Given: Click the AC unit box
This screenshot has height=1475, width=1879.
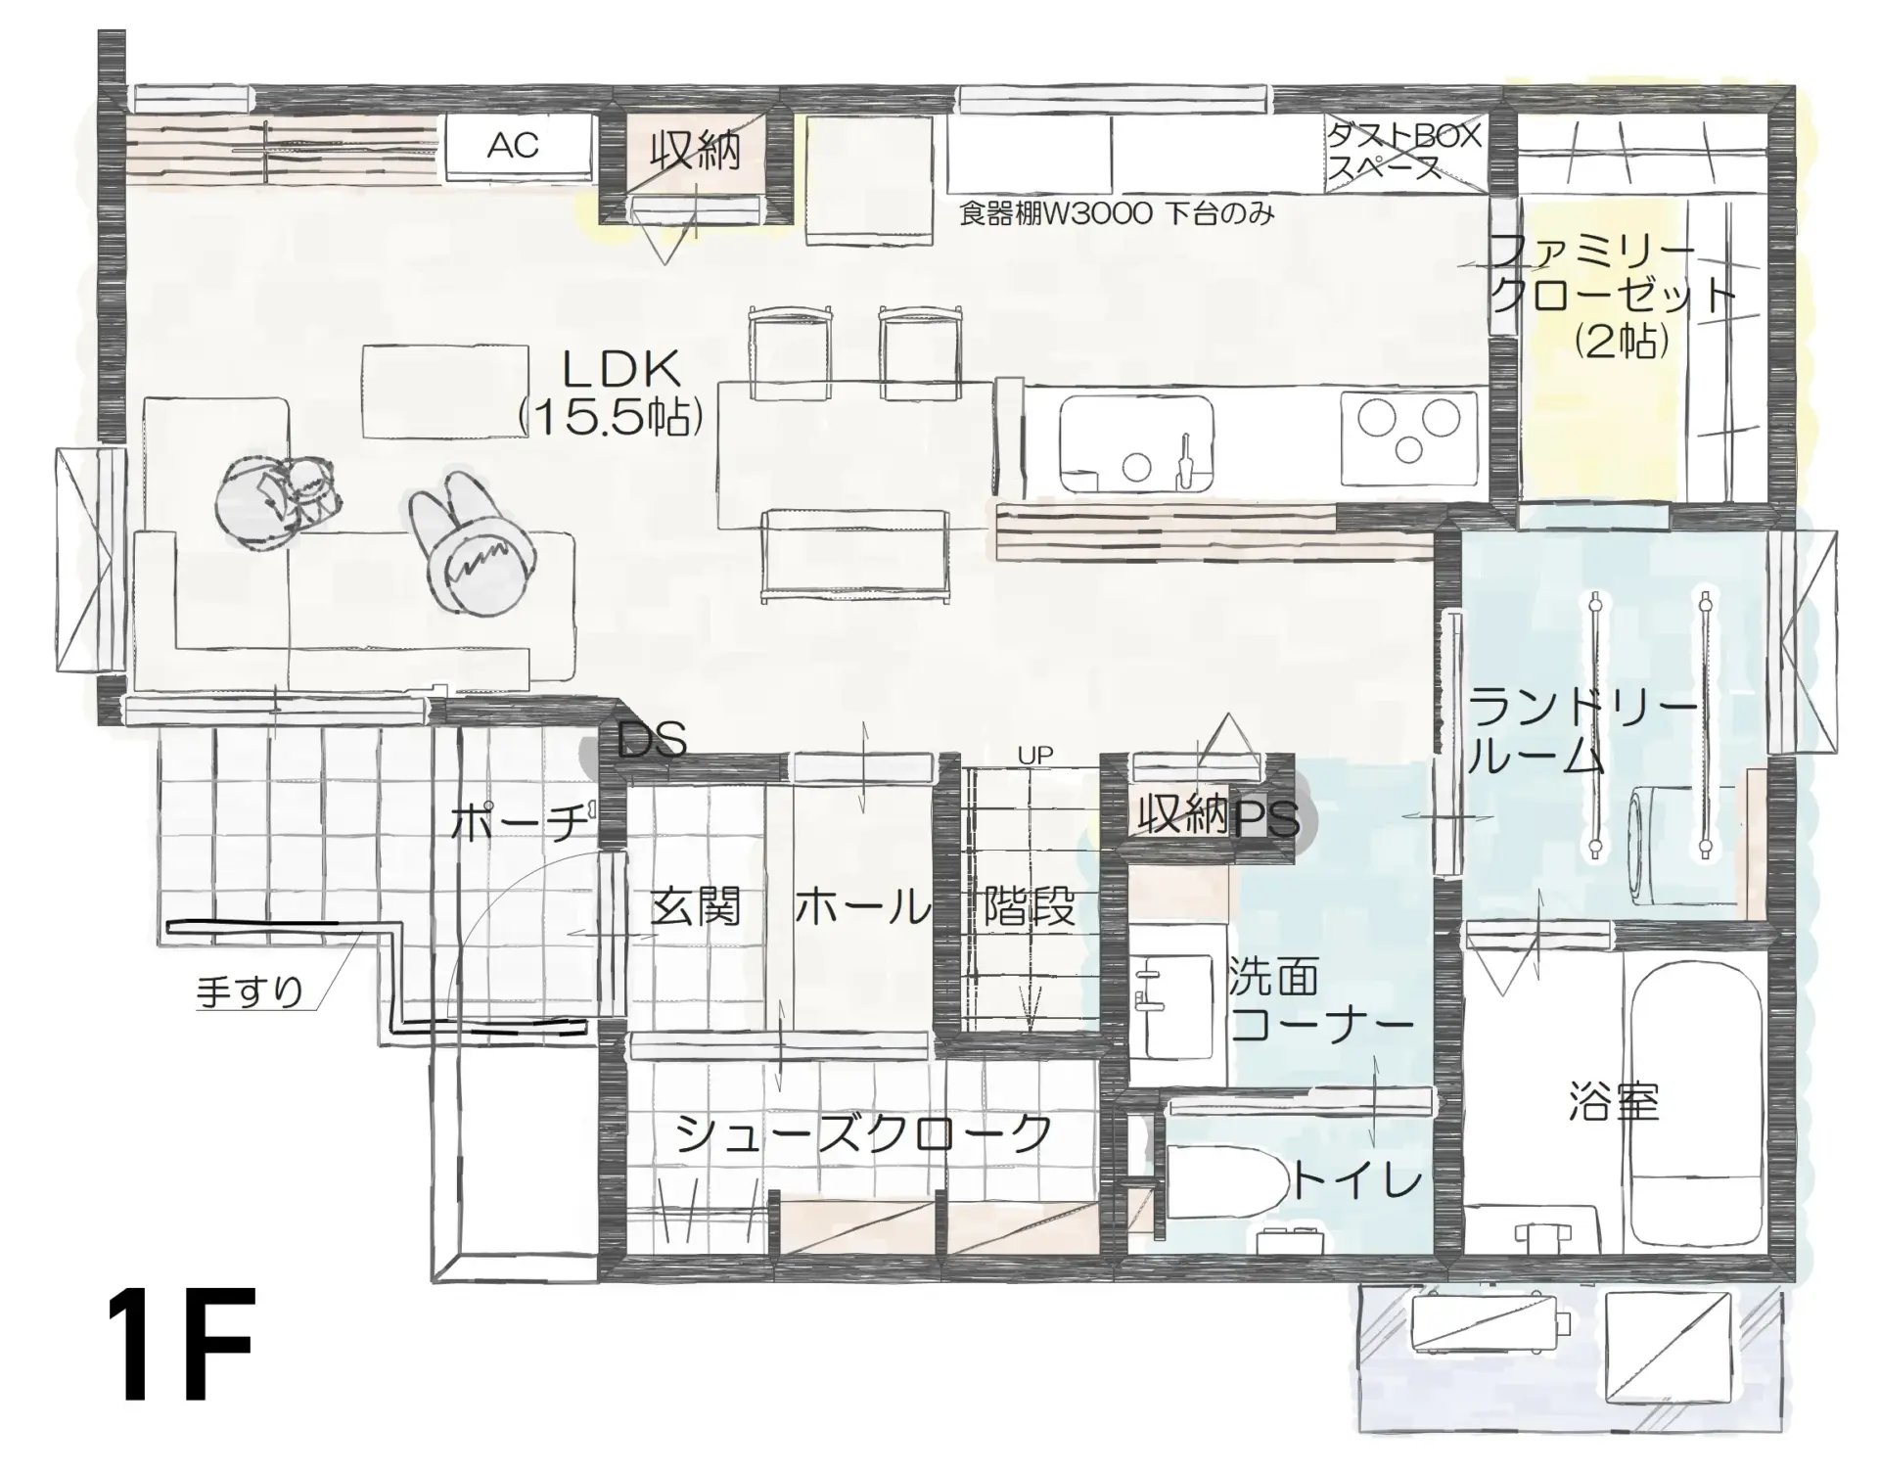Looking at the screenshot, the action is (520, 147).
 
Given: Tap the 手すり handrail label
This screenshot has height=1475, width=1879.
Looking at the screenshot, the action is (251, 991).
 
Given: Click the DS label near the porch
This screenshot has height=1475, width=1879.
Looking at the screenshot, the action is (652, 741).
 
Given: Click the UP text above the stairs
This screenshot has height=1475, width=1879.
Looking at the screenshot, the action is (1034, 756).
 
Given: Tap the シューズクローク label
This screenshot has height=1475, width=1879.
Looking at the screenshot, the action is (863, 1134).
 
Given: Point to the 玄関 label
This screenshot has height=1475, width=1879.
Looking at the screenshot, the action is (696, 906).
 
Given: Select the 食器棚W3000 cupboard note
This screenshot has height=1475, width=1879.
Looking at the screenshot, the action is (1117, 213).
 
